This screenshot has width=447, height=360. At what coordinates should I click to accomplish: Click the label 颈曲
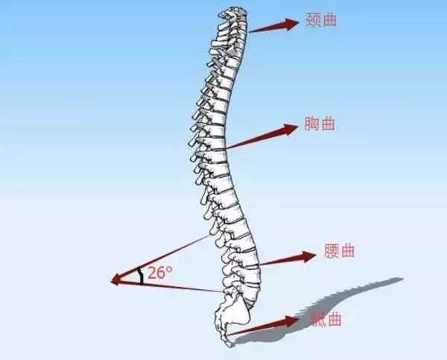click(x=321, y=20)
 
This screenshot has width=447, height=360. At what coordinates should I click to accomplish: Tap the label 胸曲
click(x=320, y=124)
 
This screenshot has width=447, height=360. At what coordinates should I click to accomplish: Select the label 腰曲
click(x=339, y=250)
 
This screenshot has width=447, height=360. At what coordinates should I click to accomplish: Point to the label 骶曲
click(x=326, y=319)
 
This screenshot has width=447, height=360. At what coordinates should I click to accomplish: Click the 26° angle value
click(x=160, y=273)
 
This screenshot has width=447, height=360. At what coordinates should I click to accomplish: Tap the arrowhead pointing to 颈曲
click(x=291, y=24)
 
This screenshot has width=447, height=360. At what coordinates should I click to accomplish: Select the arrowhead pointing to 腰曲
click(x=308, y=256)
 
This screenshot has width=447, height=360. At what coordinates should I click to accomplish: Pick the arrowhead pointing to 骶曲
click(x=291, y=321)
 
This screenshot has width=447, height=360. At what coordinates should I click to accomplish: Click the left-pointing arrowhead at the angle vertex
click(x=115, y=280)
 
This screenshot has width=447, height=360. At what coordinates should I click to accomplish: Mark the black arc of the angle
click(x=141, y=276)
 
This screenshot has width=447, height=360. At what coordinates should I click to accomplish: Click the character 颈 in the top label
click(x=313, y=20)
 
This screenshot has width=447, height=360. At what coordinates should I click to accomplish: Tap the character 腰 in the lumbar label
click(x=332, y=250)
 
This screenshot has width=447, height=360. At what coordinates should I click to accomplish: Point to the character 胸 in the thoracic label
click(x=311, y=124)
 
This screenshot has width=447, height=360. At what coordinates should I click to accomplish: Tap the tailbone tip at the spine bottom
click(x=229, y=344)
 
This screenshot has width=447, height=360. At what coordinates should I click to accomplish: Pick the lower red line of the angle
click(x=167, y=287)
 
